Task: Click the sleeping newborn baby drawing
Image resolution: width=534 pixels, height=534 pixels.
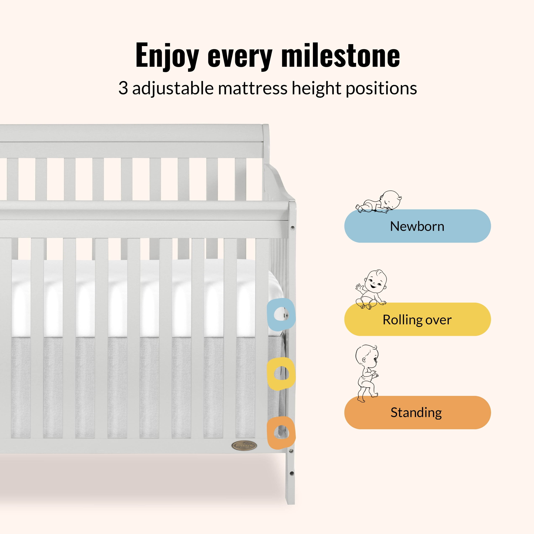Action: (379, 202)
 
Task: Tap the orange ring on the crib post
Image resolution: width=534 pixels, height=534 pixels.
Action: (281, 432)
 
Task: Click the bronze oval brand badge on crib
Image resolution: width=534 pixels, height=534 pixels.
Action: (244, 446)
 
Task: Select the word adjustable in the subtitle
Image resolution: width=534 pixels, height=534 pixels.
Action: (173, 88)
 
